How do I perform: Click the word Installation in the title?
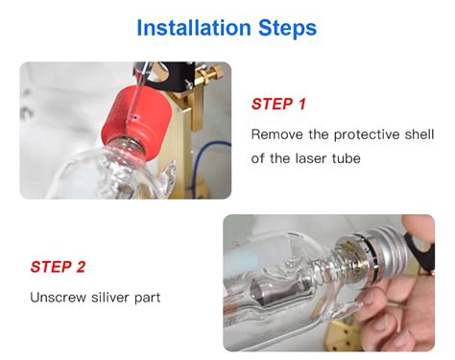[x=194, y=28]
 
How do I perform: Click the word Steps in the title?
[x=287, y=29]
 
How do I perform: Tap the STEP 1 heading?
[x=278, y=104]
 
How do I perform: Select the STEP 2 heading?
[x=58, y=267]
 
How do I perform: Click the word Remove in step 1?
[x=276, y=134]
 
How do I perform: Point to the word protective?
[x=366, y=135]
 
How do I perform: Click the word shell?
[x=419, y=134]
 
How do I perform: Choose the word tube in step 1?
[x=347, y=158]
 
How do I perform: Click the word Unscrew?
[x=59, y=298]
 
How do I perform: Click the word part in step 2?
[x=148, y=299]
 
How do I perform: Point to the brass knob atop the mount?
[x=213, y=72]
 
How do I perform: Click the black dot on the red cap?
[x=135, y=118]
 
